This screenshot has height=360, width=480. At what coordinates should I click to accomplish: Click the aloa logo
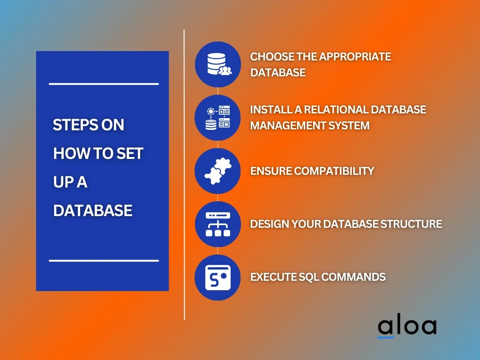tap(407, 327)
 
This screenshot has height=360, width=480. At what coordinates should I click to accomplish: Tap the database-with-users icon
tap(219, 64)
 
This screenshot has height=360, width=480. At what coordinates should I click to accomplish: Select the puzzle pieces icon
tap(218, 171)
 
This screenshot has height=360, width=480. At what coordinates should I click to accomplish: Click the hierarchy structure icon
tap(218, 224)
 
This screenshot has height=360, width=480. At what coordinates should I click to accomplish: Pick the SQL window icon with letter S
tap(218, 277)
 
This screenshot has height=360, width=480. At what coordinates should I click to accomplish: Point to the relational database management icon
tap(217, 118)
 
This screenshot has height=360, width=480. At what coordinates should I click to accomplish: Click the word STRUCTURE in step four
tap(411, 224)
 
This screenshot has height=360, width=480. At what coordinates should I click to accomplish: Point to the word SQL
tap(308, 277)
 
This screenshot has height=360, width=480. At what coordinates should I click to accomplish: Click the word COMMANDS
tap(353, 277)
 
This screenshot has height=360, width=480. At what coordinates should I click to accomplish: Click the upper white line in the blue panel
tap(104, 83)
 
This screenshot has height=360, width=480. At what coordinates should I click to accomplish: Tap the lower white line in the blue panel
tap(104, 261)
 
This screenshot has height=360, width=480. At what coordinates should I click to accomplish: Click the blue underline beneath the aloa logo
tap(386, 337)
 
